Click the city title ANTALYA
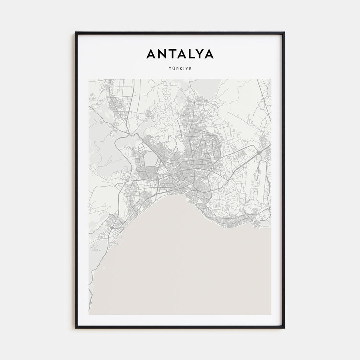coord(180,54)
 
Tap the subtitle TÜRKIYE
coord(180,68)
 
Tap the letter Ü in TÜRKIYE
coord(172,68)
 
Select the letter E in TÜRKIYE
coord(190,68)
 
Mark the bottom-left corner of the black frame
coord(76,328)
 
